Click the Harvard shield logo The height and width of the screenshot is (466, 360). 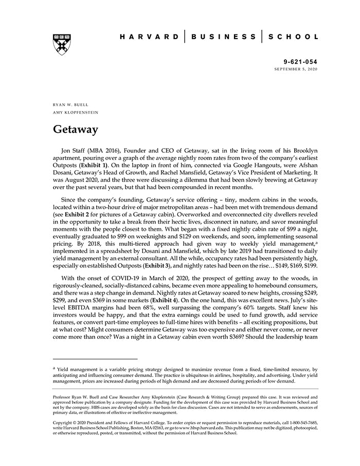click(x=62, y=45)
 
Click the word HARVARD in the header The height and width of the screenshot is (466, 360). click(x=150, y=37)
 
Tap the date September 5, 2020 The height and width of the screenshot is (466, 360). click(x=296, y=68)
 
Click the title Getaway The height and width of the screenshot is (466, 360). click(x=76, y=129)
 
